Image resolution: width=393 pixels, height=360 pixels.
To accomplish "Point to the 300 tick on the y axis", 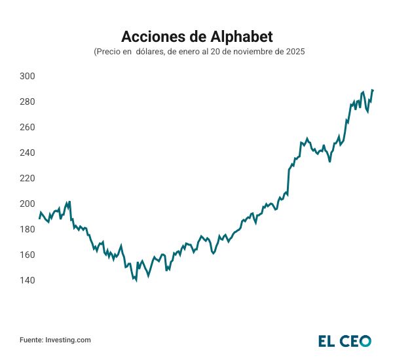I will [x=28, y=77].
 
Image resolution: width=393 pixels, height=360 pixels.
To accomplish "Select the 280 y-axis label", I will [x=28, y=102].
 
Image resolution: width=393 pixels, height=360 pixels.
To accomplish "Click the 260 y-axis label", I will [x=28, y=128].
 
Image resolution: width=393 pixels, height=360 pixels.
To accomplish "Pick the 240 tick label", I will [x=28, y=153].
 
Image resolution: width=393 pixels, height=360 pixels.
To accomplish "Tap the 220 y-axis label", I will [x=28, y=179].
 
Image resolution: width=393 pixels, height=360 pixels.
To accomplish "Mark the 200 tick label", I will [x=28, y=204].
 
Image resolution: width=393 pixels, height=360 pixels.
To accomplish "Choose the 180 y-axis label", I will [x=28, y=230].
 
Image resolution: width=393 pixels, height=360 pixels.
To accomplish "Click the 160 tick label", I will [x=28, y=255].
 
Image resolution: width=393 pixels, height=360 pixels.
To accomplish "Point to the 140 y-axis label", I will [x=28, y=281].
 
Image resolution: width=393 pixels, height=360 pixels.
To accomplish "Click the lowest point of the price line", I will [x=136, y=281].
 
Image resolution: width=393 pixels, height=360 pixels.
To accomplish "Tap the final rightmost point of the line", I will [x=373, y=90].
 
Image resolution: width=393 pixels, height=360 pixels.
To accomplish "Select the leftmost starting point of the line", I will [x=39, y=219].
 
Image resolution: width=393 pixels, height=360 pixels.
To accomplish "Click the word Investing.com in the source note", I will [x=68, y=340].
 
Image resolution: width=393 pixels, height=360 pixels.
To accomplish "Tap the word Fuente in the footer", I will [x=31, y=340].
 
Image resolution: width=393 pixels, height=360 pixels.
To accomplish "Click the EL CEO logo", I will [x=345, y=340].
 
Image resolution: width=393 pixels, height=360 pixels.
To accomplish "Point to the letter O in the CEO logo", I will [x=365, y=340].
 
